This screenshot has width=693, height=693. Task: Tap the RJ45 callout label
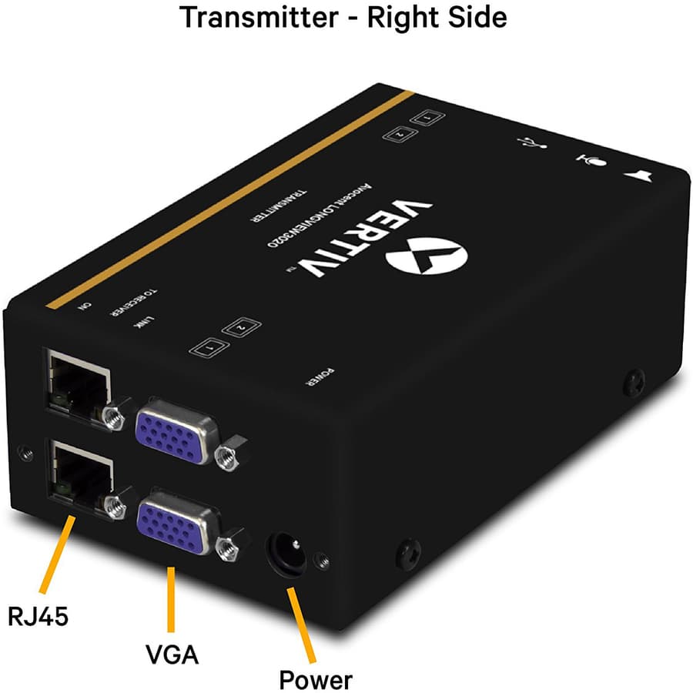[38, 615]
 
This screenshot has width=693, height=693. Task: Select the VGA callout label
[172, 655]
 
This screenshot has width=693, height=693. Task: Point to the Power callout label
[315, 680]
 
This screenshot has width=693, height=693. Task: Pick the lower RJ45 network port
[78, 474]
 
